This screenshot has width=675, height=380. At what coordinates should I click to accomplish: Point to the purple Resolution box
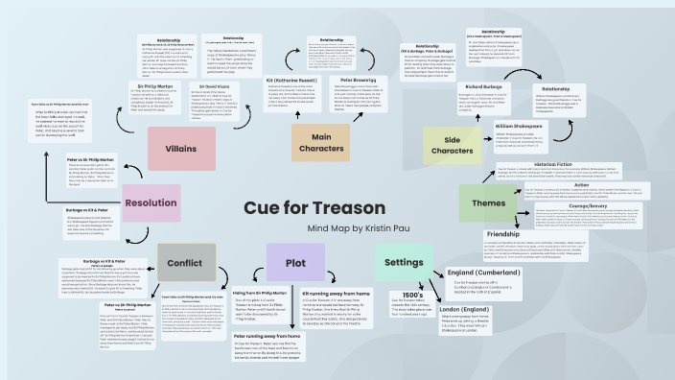[x=151, y=202]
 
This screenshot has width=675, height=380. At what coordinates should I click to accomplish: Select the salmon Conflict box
[x=186, y=262]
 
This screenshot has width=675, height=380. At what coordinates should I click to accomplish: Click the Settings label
[x=401, y=262]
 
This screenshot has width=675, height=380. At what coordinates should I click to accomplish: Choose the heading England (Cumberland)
[x=489, y=273]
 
